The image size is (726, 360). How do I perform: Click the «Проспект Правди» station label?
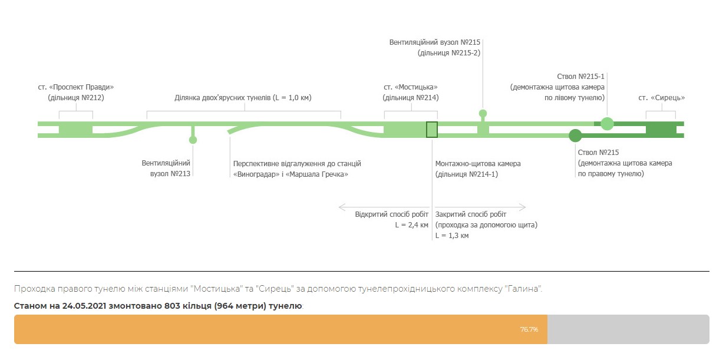pos(75,87)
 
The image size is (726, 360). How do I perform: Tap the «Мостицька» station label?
pos(411,87)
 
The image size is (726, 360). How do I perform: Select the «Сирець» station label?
pos(661,98)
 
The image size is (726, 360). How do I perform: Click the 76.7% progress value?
pos(529,329)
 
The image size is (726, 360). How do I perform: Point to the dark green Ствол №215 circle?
pos(575,136)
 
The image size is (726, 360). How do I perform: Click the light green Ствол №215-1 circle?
pos(607,123)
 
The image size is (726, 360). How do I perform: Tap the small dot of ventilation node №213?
pos(192,140)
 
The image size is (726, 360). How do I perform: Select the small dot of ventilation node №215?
pos(483,113)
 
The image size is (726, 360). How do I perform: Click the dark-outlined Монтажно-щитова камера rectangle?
pos(432,129)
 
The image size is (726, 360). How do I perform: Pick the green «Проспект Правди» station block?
pos(75,128)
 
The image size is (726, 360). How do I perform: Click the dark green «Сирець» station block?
pos(661,130)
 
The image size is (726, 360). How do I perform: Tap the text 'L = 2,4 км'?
pos(411,225)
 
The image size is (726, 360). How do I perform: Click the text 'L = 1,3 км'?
pos(452,236)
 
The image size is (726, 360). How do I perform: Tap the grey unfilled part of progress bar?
pos(628,329)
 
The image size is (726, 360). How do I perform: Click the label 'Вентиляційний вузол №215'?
pos(435,42)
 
